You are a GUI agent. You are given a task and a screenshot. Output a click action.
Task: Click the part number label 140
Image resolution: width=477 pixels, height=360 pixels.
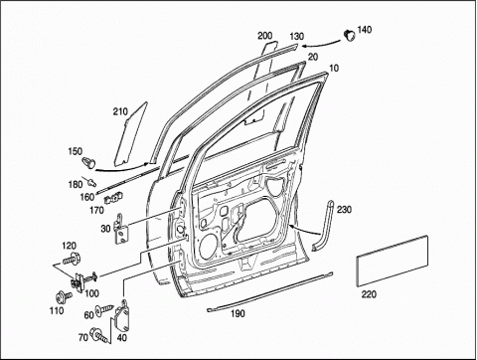click(x=365, y=30)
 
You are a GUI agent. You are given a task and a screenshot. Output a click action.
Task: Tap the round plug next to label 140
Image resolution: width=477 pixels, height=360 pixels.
click(x=349, y=35)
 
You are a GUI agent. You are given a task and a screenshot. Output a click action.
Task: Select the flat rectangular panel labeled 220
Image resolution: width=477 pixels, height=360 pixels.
click(x=393, y=261)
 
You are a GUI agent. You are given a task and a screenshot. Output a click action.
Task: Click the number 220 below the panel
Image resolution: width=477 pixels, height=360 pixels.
click(x=369, y=294)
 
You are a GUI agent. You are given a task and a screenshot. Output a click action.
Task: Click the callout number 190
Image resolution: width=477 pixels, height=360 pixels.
click(x=238, y=313)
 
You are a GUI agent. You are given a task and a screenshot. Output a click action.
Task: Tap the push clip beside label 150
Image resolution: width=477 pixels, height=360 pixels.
click(x=88, y=162)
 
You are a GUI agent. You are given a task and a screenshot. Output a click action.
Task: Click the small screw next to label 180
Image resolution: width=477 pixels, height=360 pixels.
click(x=91, y=181)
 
